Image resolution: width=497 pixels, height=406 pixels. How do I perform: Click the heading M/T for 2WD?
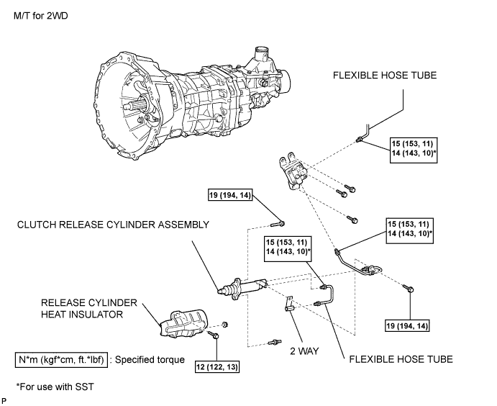click(x=41, y=16)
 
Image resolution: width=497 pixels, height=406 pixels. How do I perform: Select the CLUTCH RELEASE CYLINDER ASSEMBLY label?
click(x=113, y=225)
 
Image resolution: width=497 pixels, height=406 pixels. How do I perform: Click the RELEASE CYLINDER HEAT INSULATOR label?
click(x=89, y=308)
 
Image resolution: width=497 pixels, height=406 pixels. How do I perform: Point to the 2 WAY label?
click(x=304, y=351)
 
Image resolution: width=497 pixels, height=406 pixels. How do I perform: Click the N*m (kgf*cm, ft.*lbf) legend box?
click(x=61, y=360)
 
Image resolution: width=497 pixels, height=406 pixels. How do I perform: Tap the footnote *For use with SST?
click(x=55, y=387)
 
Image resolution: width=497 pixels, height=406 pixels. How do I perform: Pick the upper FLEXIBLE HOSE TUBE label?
click(x=385, y=75)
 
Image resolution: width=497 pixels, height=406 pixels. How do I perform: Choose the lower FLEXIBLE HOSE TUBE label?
click(x=401, y=359)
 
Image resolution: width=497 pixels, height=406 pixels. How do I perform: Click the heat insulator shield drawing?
click(x=183, y=323)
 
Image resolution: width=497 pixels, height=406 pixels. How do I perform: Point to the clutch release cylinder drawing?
click(x=243, y=287)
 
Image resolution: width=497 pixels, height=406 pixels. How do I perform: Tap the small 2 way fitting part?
click(x=288, y=304)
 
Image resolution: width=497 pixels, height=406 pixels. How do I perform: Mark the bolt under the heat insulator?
click(x=213, y=335)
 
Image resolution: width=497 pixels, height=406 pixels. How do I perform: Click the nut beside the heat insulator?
click(x=225, y=324)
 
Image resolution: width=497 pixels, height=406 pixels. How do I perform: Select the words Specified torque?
click(x=150, y=360)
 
